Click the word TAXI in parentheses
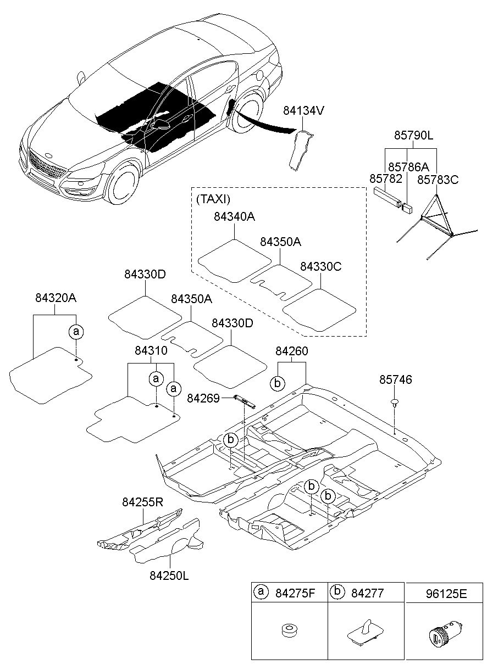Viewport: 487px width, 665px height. point(213,199)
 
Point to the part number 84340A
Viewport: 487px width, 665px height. point(235,217)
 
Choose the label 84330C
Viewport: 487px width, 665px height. point(321,267)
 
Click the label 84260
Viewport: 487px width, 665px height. point(291,350)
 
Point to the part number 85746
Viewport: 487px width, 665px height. point(396,379)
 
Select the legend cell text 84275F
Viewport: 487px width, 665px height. point(296,593)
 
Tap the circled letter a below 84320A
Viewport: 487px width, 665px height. point(75,331)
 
